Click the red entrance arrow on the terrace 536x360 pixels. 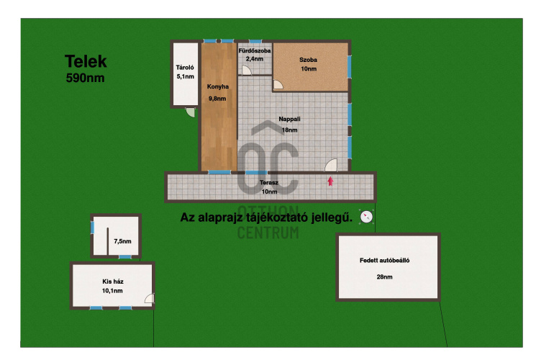(x=330, y=181)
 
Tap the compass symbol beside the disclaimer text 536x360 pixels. (x=366, y=217)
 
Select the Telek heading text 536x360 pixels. (x=86, y=62)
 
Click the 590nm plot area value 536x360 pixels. (x=85, y=78)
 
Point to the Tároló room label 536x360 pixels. (x=185, y=68)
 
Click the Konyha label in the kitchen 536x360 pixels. (x=218, y=86)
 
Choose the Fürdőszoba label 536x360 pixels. (x=255, y=50)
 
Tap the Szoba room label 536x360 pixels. (x=309, y=60)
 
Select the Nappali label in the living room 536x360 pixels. (x=289, y=119)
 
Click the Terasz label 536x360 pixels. (x=269, y=182)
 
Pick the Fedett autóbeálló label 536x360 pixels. (x=385, y=261)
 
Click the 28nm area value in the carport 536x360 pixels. (x=385, y=277)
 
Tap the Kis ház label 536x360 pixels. (x=113, y=282)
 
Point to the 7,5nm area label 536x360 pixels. (x=122, y=241)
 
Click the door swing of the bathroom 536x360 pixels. (x=247, y=70)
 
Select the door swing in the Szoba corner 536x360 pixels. (x=278, y=84)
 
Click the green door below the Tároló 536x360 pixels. (x=190, y=112)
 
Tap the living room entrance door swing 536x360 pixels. (x=331, y=165)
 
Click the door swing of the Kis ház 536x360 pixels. (x=150, y=298)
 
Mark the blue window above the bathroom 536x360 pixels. (x=255, y=41)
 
